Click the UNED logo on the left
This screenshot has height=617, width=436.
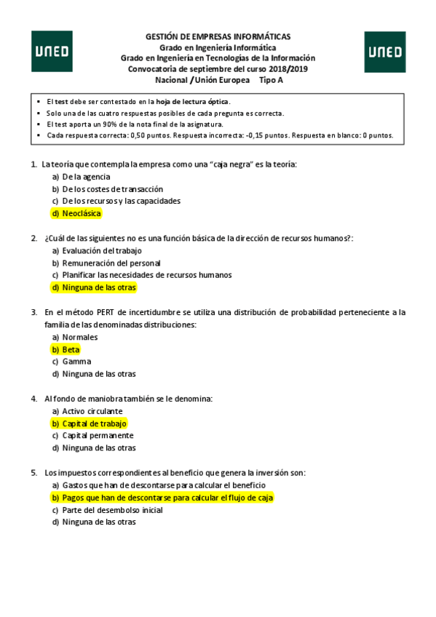point(52,51)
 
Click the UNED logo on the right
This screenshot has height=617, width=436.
point(384,51)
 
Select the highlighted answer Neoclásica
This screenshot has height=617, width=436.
point(76,213)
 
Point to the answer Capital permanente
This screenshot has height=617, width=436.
point(94,436)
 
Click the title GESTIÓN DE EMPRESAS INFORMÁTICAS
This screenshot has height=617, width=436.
point(218,36)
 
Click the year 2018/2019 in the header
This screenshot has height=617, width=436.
point(288,69)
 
